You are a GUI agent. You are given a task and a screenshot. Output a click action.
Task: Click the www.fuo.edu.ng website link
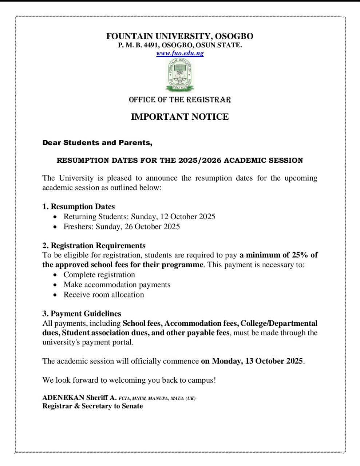tap(180, 54)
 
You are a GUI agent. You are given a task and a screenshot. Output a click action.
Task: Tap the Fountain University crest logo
tap(180, 75)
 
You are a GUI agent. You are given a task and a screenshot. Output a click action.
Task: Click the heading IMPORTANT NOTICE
tap(180, 117)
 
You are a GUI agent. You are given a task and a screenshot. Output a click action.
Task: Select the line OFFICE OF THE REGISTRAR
tap(180, 100)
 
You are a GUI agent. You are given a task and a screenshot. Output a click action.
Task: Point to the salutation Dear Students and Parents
tap(97, 143)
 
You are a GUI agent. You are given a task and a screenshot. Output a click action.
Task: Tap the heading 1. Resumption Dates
tap(79, 207)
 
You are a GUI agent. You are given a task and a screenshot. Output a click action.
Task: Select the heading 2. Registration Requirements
tap(94, 246)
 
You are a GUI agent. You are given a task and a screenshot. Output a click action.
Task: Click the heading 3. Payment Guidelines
tap(82, 314)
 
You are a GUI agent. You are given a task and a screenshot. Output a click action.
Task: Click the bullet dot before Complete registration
tap(55, 275)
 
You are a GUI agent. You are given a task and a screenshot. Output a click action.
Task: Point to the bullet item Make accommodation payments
tap(117, 285)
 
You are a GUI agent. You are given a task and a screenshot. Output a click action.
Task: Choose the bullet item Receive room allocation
tap(104, 295)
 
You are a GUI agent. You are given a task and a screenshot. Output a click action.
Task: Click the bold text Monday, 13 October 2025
tap(257, 361)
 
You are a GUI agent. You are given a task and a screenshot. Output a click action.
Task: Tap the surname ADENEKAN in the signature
tap(63, 398)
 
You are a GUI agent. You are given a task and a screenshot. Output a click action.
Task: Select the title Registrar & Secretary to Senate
tap(92, 406)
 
